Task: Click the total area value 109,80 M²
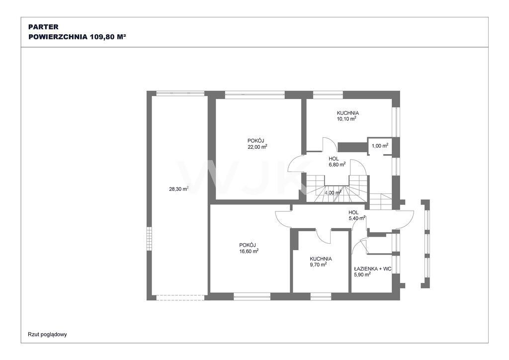coord(108,37)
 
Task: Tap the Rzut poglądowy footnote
coord(47,334)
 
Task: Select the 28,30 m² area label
coord(179,188)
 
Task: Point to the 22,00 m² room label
coord(257,147)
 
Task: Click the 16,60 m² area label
coord(249,251)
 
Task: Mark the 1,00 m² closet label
coord(380,146)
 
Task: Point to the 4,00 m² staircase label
coord(333,192)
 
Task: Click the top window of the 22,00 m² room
coord(255,95)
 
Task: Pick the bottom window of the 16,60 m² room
coord(252,296)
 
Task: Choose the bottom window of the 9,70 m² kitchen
coord(321,296)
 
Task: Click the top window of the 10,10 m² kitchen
coord(328,95)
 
